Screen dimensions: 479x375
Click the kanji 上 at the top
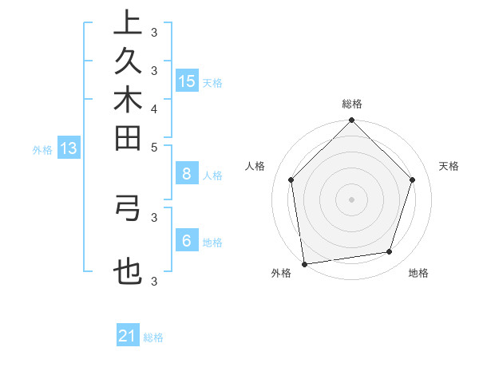[x=128, y=23]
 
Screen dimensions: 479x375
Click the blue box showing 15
[x=187, y=81]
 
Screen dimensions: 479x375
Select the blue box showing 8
[x=187, y=174]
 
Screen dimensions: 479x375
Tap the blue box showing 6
[x=187, y=241]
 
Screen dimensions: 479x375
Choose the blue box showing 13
[x=69, y=148]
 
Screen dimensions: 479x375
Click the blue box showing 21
[x=128, y=336]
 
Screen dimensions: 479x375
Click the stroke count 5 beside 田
[x=153, y=147]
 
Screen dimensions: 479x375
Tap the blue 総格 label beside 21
[x=153, y=337]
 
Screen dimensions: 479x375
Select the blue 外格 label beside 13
[x=42, y=149]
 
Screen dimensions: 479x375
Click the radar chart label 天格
[x=449, y=166]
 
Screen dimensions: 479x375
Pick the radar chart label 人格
[x=255, y=166]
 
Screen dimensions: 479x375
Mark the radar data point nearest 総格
[x=351, y=121]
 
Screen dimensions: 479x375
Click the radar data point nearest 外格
[x=305, y=263]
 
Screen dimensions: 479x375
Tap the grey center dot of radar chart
[x=351, y=199]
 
